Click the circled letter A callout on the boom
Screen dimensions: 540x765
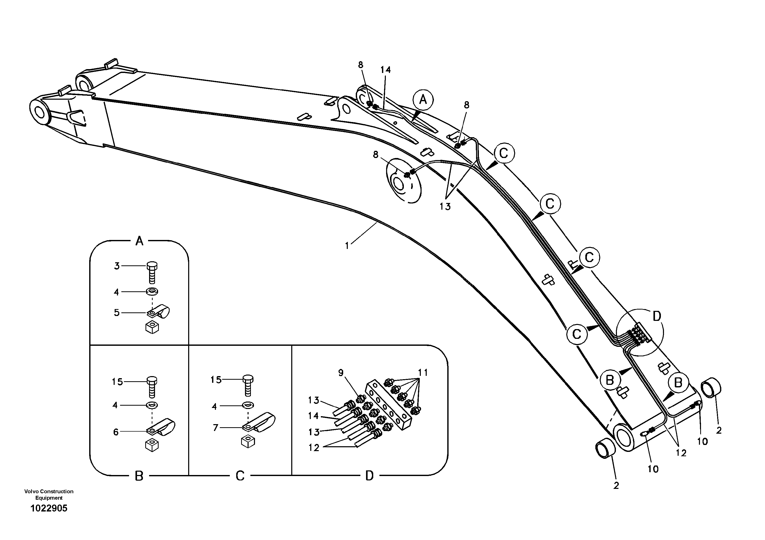(x=423, y=99)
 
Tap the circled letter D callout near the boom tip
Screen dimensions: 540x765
(x=656, y=316)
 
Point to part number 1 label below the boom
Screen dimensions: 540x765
(x=347, y=246)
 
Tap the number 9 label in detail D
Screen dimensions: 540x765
(x=341, y=373)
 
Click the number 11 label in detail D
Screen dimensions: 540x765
(x=423, y=372)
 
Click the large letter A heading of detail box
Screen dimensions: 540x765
(x=139, y=241)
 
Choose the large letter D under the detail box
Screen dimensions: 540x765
(x=369, y=476)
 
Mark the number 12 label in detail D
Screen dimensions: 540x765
(x=314, y=448)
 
